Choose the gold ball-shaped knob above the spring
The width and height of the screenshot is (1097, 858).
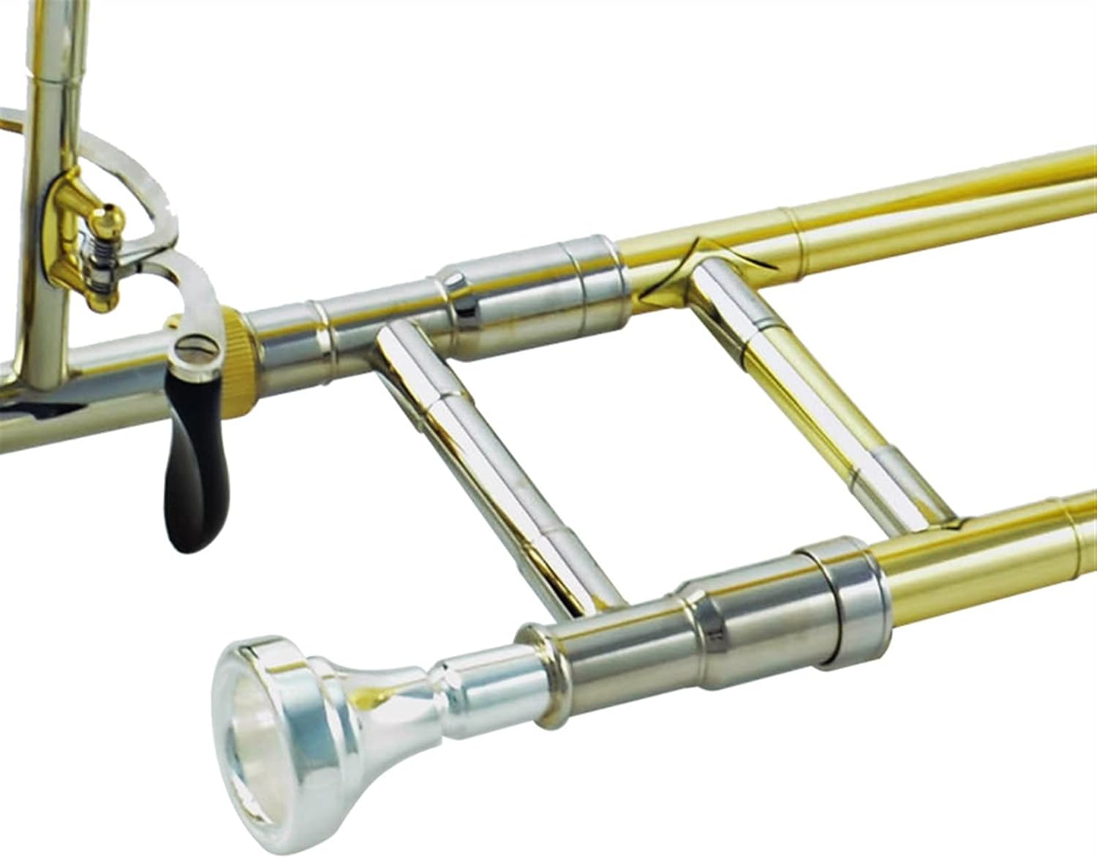tap(110, 217)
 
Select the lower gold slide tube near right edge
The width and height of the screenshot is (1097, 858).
tap(987, 556)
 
